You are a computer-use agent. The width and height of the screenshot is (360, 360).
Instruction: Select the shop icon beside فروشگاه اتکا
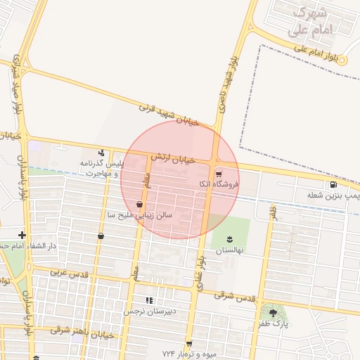pos(219,173)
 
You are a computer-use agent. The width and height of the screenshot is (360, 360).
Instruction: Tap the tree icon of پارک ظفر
pos(273,313)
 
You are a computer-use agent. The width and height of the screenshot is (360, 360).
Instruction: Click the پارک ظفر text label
pos(273,326)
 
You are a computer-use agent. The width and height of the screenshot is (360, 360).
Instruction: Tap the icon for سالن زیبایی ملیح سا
pos(140,205)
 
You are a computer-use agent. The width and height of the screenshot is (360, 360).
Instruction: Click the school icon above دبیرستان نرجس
pos(148,300)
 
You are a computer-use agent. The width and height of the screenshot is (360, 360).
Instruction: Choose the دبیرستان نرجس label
pos(149,311)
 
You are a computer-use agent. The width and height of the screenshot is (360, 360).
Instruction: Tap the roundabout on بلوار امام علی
pos(342,61)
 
